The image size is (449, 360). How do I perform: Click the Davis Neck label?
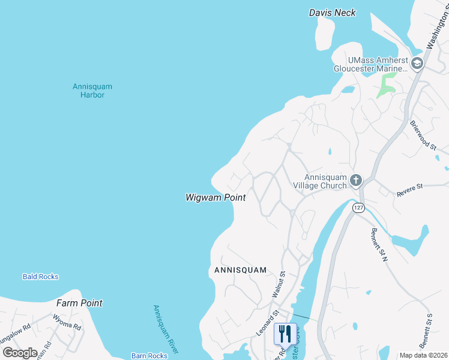tap(333, 13)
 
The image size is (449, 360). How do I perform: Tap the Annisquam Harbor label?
tap(92, 91)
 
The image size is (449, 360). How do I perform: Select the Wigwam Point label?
tap(215, 197)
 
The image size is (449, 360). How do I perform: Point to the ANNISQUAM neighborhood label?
tap(240, 271)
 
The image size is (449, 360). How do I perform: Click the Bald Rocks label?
tap(40, 277)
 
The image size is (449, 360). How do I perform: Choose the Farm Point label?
tap(79, 303)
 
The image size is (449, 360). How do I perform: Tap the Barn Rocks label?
tap(149, 356)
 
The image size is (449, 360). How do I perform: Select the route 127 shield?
tap(358, 208)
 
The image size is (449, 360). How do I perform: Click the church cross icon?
tap(356, 180)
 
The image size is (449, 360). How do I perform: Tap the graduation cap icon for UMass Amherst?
tap(416, 63)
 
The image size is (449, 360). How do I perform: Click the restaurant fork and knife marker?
tap(285, 333)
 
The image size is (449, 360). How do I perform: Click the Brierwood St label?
tap(423, 133)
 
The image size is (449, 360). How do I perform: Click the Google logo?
tap(20, 352)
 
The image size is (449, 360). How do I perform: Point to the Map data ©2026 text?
tap(423, 355)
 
